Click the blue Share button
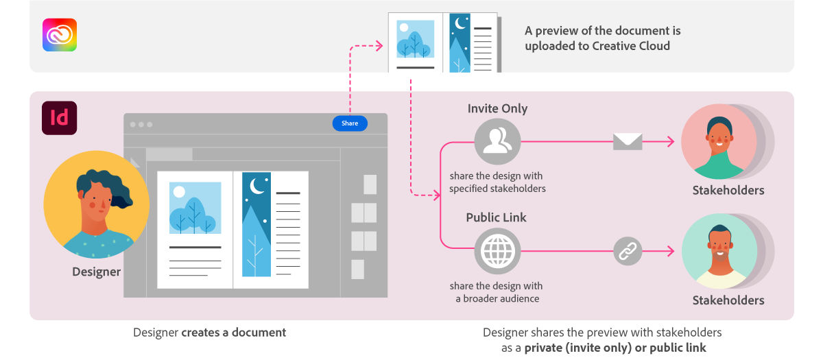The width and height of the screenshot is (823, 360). (x=350, y=123)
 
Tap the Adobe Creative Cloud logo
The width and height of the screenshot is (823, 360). (x=60, y=35)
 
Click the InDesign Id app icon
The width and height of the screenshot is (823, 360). (x=60, y=118)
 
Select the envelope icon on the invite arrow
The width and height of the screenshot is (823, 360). (x=628, y=142)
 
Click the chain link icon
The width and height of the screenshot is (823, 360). (x=628, y=252)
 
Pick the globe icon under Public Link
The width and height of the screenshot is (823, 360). (x=497, y=252)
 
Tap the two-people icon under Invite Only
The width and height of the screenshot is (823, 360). (x=497, y=142)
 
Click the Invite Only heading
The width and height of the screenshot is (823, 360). (x=497, y=108)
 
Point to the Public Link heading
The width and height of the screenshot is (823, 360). (x=497, y=217)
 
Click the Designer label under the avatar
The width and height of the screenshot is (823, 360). (x=97, y=272)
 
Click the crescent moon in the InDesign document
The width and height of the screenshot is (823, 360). (x=258, y=185)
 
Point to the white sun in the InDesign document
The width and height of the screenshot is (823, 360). (x=179, y=192)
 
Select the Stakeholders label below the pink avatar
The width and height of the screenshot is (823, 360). (x=728, y=190)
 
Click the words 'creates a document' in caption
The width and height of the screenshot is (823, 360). (x=234, y=333)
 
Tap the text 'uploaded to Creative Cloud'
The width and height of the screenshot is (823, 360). (x=597, y=46)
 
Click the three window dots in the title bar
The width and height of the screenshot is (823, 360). (x=141, y=124)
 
